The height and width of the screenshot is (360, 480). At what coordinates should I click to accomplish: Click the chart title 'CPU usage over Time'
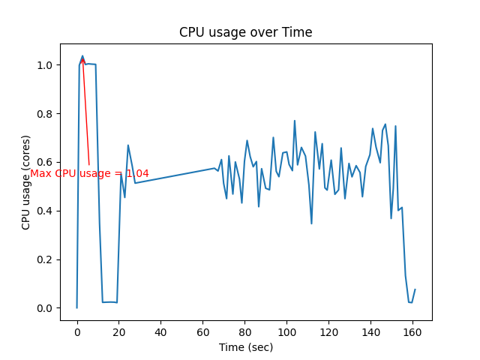245,32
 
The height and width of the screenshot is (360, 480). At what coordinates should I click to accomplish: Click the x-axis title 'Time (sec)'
245,347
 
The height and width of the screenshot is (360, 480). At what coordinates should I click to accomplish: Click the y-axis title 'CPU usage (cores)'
26,183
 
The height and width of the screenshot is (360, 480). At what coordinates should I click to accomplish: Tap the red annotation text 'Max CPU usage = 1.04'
89,173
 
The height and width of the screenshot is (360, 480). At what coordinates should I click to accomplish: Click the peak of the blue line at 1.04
82,55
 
